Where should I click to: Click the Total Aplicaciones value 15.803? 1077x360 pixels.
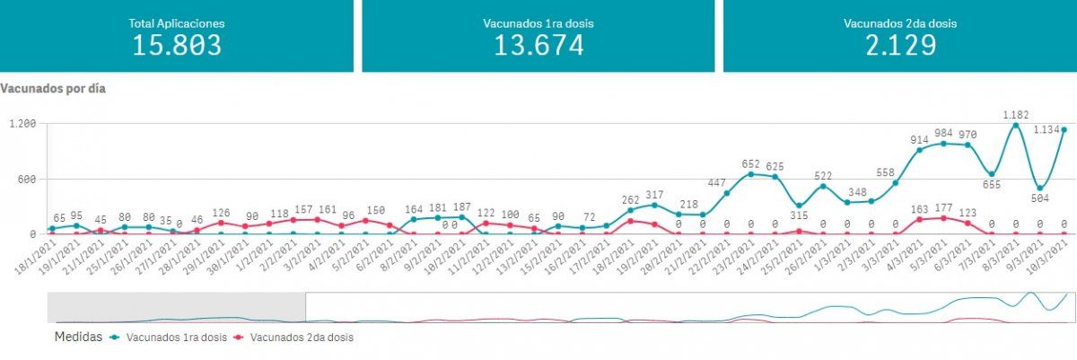[x=177, y=45]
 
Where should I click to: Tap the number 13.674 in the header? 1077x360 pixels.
[x=538, y=45]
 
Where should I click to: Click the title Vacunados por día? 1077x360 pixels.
[x=55, y=90]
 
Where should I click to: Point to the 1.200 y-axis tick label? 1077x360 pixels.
[x=21, y=124]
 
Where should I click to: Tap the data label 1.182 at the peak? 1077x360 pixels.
[x=1015, y=115]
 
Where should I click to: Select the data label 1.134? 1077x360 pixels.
[x=1047, y=129]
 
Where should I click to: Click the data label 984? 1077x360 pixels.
[x=944, y=132]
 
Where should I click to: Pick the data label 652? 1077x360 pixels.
[x=751, y=164]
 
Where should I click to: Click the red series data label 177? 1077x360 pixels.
[x=942, y=208]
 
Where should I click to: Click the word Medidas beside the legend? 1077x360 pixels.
[x=78, y=338]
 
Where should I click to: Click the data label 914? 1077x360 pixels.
[x=920, y=139]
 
